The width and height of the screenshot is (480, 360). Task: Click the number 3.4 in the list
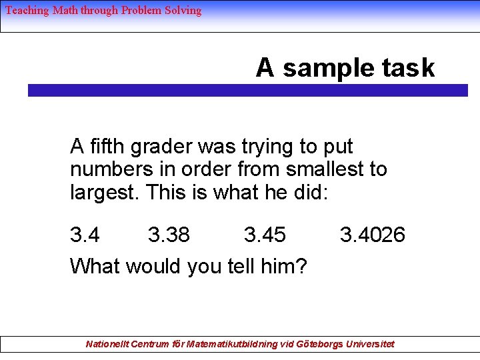click(x=85, y=235)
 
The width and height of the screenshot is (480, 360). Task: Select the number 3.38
click(x=169, y=235)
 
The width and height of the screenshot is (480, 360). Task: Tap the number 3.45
click(x=265, y=235)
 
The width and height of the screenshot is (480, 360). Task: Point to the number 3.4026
click(x=372, y=235)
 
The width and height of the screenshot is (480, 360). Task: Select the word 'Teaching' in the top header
click(x=27, y=10)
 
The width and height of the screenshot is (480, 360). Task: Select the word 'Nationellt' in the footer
click(x=107, y=344)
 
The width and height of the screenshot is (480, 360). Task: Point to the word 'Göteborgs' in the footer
click(x=315, y=344)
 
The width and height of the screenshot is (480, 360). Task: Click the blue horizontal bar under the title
click(x=247, y=91)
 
